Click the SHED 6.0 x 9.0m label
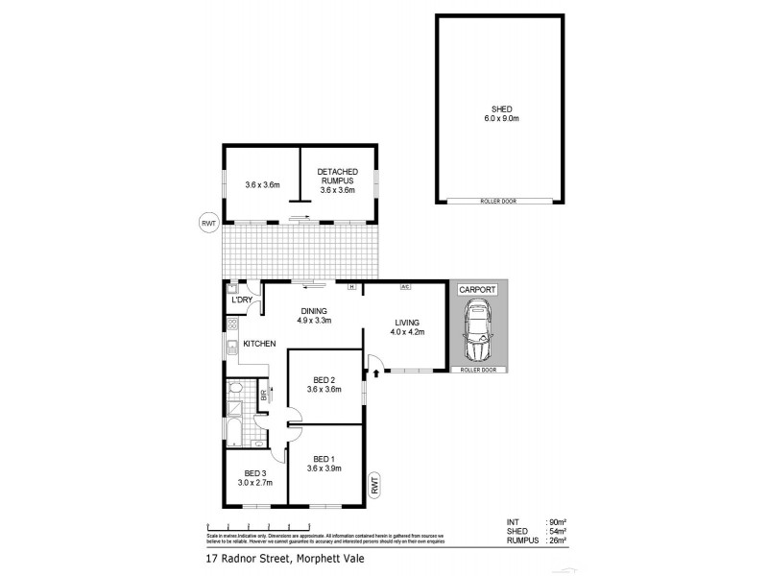pyautogui.click(x=499, y=112)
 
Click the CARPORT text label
pyautogui.click(x=477, y=288)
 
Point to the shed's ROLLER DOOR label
pyautogui.click(x=499, y=201)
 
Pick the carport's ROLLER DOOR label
pyautogui.click(x=477, y=369)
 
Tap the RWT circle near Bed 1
pyautogui.click(x=375, y=486)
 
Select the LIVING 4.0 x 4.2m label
pyautogui.click(x=406, y=327)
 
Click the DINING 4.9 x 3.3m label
pyautogui.click(x=314, y=315)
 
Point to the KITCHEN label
pyautogui.click(x=259, y=343)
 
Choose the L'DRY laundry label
pyautogui.click(x=241, y=300)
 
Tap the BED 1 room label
pyautogui.click(x=324, y=463)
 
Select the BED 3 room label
pyautogui.click(x=254, y=478)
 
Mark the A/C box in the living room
pyautogui.click(x=406, y=286)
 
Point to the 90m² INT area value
pyautogui.click(x=554, y=521)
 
